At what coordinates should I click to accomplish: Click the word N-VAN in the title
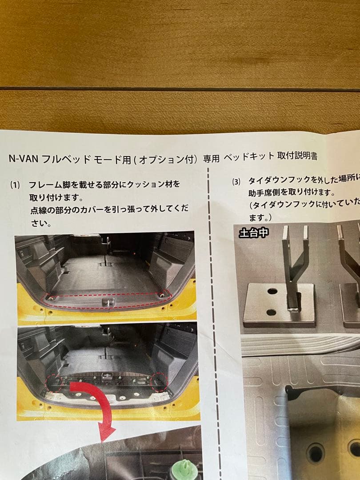pos(24,159)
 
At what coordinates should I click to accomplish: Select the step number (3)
pos(236,181)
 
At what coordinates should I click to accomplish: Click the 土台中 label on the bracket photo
pos(253,232)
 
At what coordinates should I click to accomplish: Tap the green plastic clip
pos(184,469)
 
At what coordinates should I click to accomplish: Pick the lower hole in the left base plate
pos(271,312)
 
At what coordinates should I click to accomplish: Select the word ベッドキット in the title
pos(248,157)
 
